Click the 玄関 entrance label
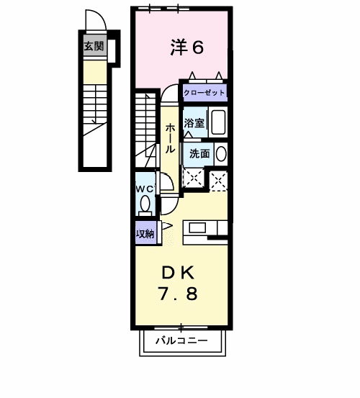[94, 47]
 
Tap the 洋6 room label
[187, 48]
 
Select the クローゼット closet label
[204, 93]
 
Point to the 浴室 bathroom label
[194, 123]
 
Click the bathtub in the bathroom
[218, 122]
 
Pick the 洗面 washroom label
[200, 153]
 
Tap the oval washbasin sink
[221, 154]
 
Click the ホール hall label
[170, 138]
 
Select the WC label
[145, 189]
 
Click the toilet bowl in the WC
[145, 204]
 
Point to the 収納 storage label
[145, 234]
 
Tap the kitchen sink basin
[197, 227]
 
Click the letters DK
[178, 273]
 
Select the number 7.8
[179, 294]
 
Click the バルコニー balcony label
[181, 340]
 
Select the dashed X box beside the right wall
[218, 181]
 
